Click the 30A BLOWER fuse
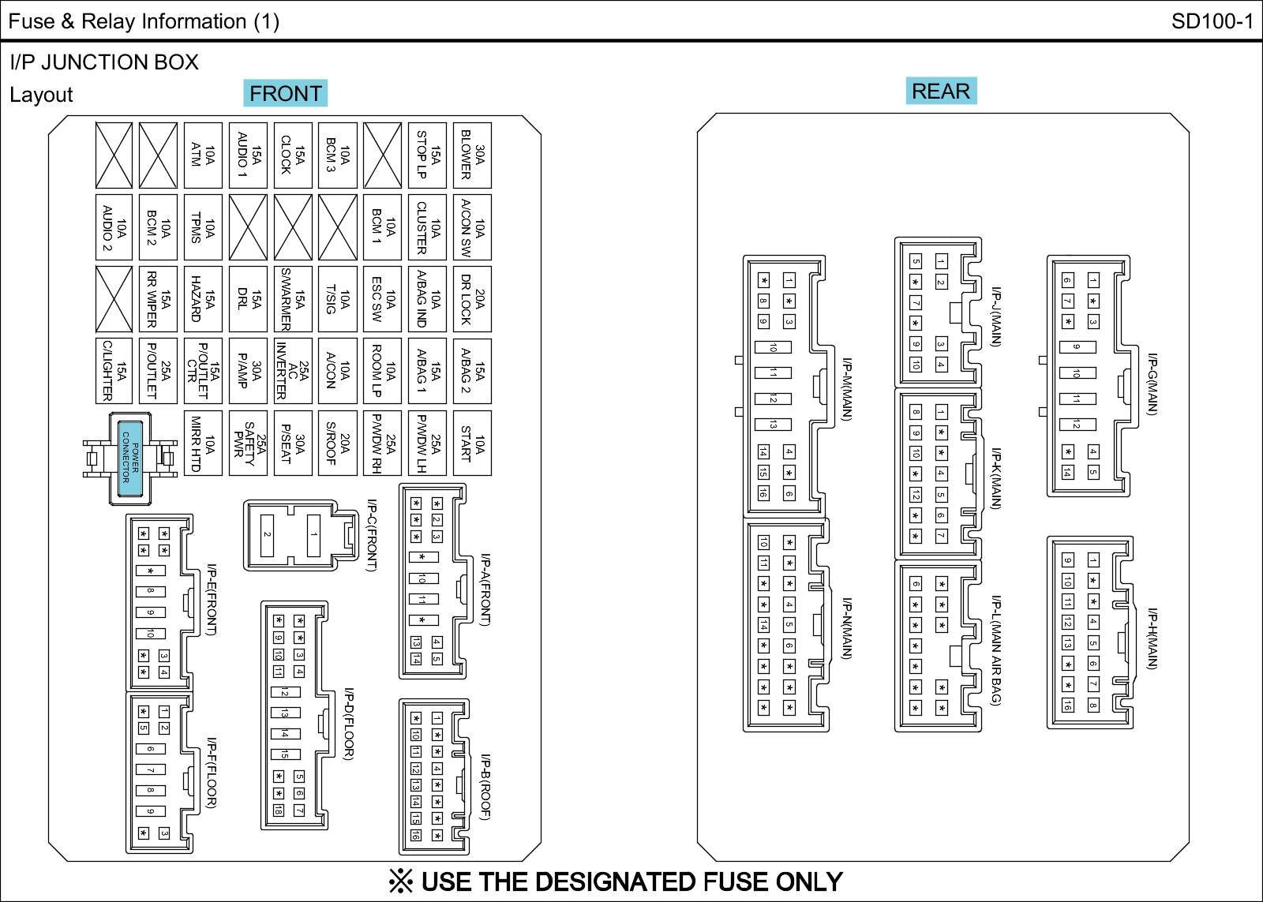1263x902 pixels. (x=473, y=155)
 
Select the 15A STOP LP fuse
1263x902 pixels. (x=427, y=155)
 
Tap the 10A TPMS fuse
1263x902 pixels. (x=203, y=227)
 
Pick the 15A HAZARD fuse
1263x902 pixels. (x=203, y=299)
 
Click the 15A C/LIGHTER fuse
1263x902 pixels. (x=114, y=371)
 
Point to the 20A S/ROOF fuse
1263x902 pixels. (x=338, y=443)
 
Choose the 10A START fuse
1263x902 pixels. (x=473, y=443)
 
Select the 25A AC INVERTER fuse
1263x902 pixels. (x=293, y=371)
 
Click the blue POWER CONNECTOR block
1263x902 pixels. (x=130, y=458)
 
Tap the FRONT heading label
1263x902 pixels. (x=285, y=93)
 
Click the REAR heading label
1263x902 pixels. (x=941, y=91)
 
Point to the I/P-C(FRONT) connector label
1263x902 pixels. (x=372, y=535)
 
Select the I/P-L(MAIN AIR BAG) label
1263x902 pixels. (x=996, y=650)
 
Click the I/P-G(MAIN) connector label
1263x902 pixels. (x=1153, y=384)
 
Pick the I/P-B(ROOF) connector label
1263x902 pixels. (x=485, y=787)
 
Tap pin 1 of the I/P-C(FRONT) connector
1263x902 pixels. (x=313, y=534)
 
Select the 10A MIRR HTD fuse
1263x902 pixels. (x=203, y=443)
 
